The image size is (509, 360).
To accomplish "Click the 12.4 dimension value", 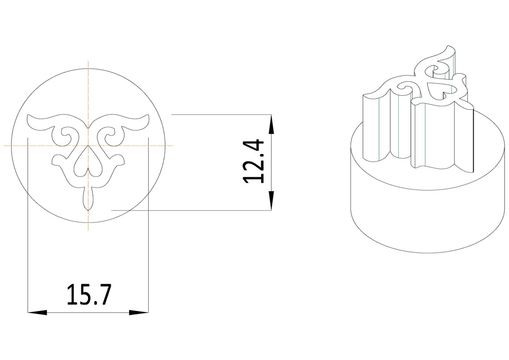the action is [253, 161].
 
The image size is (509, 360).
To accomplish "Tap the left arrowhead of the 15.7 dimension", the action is [38, 313].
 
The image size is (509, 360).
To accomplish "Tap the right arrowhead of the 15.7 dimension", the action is [139, 313].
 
